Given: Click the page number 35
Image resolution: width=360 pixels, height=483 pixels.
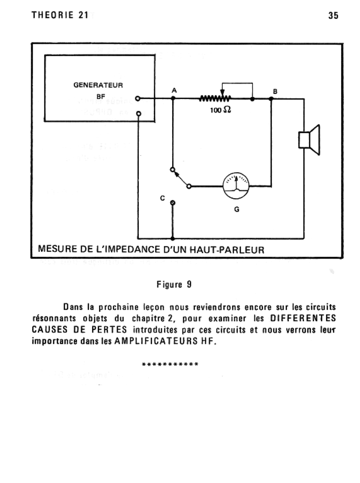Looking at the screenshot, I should [333, 15].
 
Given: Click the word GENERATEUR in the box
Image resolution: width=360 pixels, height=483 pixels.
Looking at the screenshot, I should [98, 85].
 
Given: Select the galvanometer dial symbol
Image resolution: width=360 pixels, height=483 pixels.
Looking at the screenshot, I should [235, 186].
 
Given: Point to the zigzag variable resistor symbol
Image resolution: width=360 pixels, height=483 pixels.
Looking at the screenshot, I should [215, 99].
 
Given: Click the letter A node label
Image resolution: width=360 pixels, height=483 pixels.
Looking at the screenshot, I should [174, 90].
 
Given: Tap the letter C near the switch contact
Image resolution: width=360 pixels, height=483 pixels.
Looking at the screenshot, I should [162, 199].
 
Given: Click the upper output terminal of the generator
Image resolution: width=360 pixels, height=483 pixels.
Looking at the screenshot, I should [138, 99].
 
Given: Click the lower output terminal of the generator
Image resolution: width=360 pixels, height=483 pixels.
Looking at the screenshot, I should [138, 114].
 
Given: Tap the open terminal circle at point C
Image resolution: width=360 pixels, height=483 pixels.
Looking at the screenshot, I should [173, 203].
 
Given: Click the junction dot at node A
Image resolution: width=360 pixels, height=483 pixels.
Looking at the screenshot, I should [173, 99].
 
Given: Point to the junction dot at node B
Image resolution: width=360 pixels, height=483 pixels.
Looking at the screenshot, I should [271, 99].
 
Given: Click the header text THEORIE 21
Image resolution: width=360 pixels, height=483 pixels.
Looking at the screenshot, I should [59, 15].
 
